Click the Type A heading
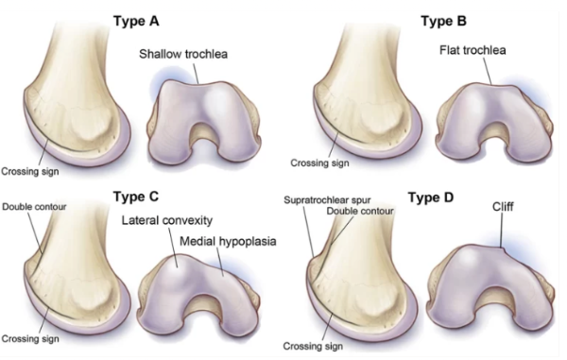click(x=142, y=20)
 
